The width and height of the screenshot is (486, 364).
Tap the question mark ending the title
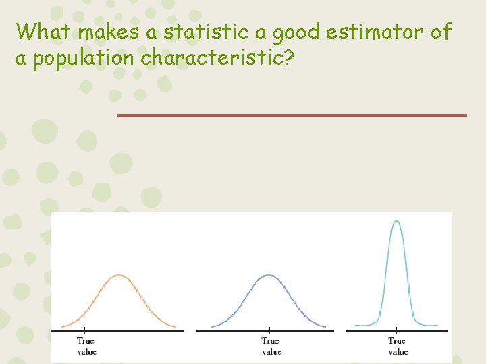[x=289, y=58]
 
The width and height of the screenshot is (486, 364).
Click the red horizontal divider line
[x=291, y=115]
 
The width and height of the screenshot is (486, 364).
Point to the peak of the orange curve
[x=119, y=275]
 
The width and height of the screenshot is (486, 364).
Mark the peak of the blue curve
[x=269, y=275]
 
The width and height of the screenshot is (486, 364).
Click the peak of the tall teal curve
[x=396, y=221]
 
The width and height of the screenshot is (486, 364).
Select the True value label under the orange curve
[x=86, y=346]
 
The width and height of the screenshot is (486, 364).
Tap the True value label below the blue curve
[x=271, y=346]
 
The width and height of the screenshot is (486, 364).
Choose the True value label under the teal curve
[x=398, y=346]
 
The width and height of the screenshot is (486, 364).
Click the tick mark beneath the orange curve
[x=85, y=331]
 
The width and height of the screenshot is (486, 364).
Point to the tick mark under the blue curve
[x=269, y=331]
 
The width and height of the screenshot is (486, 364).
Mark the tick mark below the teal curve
[x=396, y=331]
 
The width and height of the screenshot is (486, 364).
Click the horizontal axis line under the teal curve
[x=425, y=330]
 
